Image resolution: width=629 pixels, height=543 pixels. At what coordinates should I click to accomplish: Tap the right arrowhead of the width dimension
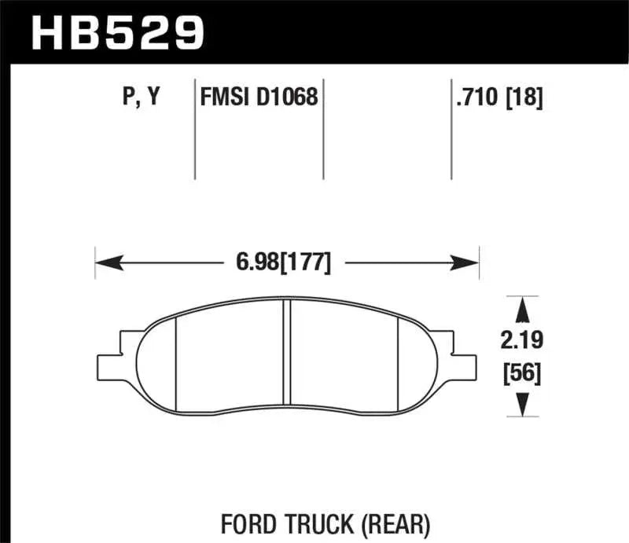469,262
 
